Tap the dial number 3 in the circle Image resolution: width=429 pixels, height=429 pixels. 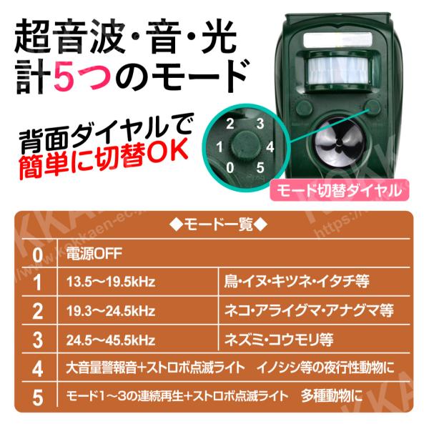(260, 124)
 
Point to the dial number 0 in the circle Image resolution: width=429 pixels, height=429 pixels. (230, 167)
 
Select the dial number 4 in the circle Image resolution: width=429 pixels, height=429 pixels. (270, 147)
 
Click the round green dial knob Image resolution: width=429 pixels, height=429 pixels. (246, 144)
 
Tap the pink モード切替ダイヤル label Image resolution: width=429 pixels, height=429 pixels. (339, 190)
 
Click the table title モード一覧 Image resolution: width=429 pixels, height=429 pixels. (218, 225)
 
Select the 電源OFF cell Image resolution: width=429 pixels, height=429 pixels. (94, 254)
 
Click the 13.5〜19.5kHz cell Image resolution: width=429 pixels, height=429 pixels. (111, 282)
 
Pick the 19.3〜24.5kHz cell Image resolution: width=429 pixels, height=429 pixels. (111, 311)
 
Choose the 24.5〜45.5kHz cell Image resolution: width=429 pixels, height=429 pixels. (111, 340)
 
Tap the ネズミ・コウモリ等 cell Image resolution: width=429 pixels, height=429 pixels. (279, 340)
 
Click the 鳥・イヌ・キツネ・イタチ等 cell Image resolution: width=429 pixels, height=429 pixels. (297, 282)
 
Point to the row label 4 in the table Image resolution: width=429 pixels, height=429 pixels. (37, 369)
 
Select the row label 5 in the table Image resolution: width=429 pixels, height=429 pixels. (37, 398)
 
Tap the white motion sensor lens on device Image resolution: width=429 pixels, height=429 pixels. (338, 70)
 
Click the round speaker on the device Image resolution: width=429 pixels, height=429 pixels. (337, 145)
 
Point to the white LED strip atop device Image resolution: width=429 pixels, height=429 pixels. (338, 39)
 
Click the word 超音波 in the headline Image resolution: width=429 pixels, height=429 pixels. (69, 36)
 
